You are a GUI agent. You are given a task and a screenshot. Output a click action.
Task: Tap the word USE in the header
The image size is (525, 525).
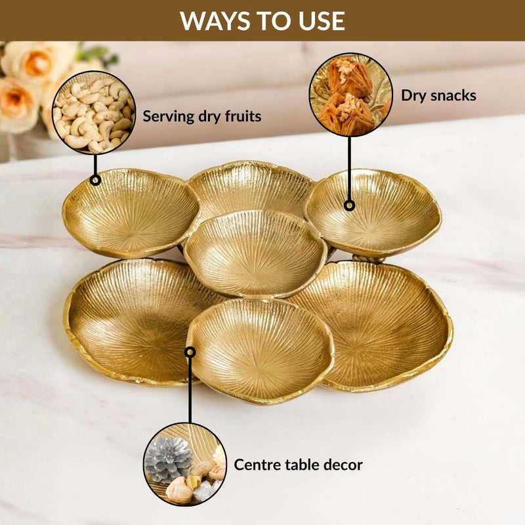tap(321, 21)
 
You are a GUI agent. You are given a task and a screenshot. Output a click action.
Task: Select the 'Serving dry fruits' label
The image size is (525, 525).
tap(202, 117)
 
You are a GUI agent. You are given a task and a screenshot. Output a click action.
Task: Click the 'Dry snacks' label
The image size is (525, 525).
tap(438, 96)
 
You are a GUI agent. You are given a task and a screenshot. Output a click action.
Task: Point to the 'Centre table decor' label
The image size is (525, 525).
tap(298, 465)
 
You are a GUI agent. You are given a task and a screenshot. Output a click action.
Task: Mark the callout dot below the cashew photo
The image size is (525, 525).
tap(96, 179)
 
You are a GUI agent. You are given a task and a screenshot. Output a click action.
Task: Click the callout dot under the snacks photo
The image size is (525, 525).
tap(349, 205)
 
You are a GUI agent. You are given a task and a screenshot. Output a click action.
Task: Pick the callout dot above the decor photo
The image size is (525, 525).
tap(190, 352)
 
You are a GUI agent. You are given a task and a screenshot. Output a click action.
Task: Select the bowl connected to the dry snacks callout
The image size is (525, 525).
tap(373, 210)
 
